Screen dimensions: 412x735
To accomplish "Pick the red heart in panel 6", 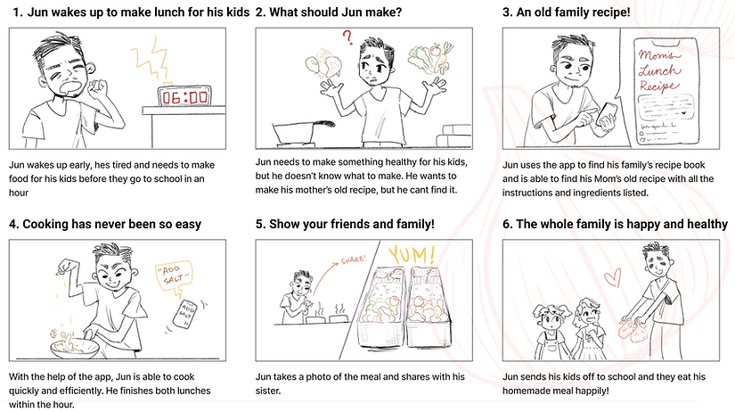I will [613, 277].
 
